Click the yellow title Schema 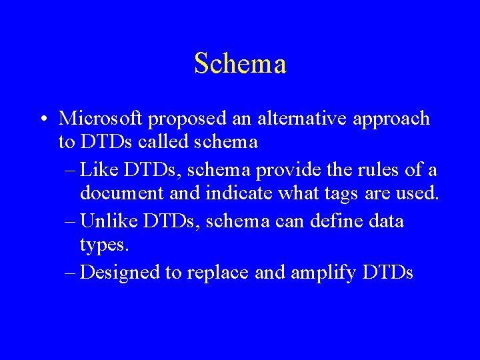(x=240, y=64)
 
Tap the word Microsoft (x=101, y=119)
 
